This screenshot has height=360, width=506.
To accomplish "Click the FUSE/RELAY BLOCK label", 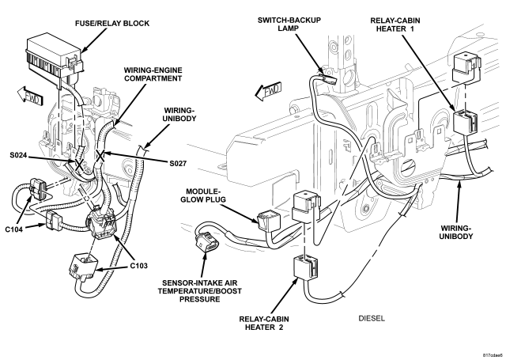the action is point(112,24).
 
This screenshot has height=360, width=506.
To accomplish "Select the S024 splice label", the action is point(18,156).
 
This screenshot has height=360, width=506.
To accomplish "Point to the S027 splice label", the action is point(177,164).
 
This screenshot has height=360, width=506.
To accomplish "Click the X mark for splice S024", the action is point(78,165).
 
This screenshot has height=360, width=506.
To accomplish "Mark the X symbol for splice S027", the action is point(100,156).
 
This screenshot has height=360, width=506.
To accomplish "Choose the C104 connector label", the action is point(14,229).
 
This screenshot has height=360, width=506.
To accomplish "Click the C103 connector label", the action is point(139,266).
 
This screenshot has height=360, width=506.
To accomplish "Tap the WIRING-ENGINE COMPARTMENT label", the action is point(153,74).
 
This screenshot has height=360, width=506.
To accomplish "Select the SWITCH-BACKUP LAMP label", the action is point(289,24).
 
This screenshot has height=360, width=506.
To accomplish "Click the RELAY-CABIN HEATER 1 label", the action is point(395,25).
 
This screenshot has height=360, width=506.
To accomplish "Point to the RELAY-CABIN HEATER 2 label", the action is point(264,323).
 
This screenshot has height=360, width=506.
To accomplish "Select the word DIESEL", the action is point(372,318).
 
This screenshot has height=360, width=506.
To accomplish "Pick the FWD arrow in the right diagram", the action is point(268,91).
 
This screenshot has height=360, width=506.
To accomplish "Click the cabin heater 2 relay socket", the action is point(305,267).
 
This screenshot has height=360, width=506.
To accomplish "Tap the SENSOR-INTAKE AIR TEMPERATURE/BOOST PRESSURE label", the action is point(199,291).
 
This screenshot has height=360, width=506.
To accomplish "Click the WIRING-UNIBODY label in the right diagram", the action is point(456,232).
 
